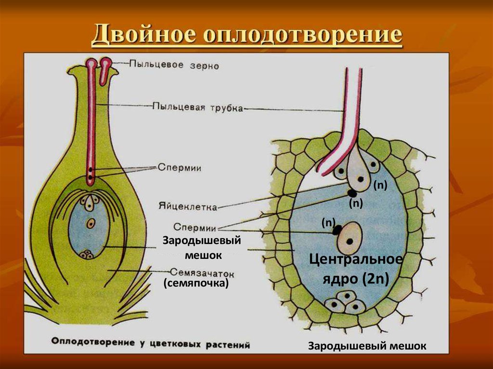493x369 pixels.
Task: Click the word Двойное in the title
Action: point(143,36)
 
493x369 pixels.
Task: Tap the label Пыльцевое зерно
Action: point(174,64)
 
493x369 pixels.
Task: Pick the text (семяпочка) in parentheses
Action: point(195,284)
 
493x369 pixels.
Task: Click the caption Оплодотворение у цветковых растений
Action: point(151,344)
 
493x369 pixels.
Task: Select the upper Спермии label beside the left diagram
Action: point(179,167)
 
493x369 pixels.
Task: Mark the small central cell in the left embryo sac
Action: point(91,223)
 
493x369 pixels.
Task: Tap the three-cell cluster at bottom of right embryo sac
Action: point(345,303)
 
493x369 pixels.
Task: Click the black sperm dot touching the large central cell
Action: point(337,230)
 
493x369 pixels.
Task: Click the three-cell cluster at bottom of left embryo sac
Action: point(87,254)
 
